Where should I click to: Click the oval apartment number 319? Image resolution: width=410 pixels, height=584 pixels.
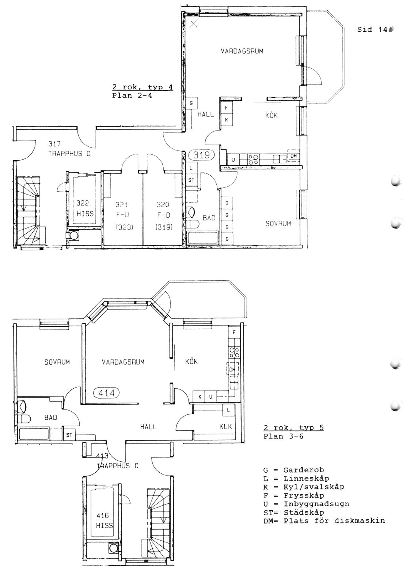[201, 155]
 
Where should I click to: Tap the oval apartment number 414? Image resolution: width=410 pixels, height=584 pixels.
[106, 392]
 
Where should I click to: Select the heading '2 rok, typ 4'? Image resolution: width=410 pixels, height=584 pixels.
[143, 87]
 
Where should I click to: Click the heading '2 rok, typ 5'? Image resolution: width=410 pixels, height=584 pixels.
[293, 427]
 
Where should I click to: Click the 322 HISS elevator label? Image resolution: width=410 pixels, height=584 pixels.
[84, 208]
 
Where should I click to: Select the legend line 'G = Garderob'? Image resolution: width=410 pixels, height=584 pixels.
[293, 470]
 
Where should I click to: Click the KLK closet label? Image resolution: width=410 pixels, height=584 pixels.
[225, 426]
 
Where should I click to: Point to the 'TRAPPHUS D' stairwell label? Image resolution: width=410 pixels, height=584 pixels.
[69, 154]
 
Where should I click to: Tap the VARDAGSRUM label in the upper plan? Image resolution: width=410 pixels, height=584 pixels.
[242, 51]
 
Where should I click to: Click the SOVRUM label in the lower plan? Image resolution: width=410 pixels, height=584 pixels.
[57, 362]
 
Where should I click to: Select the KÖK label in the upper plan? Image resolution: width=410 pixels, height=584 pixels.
[271, 115]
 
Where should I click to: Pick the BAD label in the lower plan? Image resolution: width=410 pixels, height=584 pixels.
[51, 418]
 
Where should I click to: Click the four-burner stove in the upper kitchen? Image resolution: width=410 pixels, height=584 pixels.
[253, 159]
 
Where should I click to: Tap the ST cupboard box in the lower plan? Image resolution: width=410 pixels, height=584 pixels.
[69, 435]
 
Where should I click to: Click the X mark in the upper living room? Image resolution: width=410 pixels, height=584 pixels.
[193, 24]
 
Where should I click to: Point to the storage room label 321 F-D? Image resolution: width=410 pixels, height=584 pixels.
[123, 216]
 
